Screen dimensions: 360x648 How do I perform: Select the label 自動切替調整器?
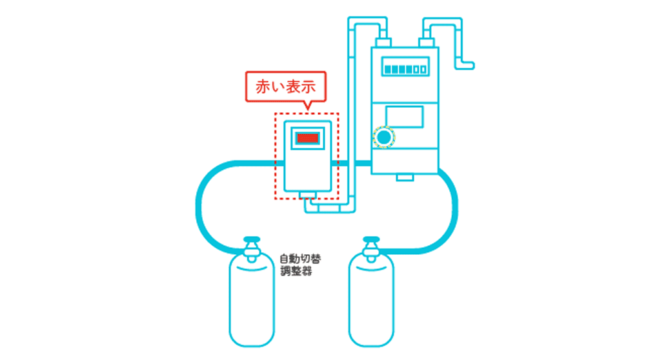(x=300, y=265)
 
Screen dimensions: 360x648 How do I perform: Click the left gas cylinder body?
(x=252, y=303)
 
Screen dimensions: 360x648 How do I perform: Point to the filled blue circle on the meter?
(x=384, y=137)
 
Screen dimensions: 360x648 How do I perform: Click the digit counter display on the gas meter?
(x=403, y=67)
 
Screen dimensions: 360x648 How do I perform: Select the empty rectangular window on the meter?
(x=405, y=117)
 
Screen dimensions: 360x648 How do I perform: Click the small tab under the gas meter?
(x=405, y=177)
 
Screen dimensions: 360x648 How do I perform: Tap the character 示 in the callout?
(x=312, y=86)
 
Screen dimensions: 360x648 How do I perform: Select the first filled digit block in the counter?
(x=388, y=68)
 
